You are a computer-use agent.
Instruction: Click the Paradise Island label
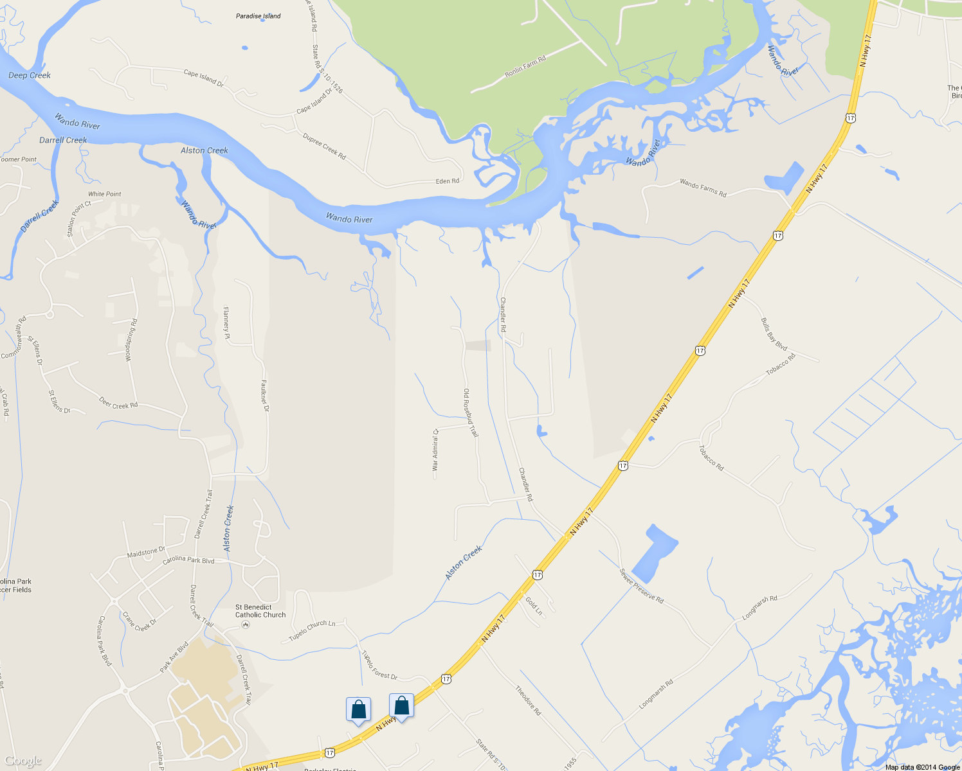258,16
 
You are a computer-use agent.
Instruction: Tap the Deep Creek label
30,75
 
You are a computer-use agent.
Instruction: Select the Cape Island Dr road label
203,78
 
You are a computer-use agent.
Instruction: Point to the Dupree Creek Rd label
324,146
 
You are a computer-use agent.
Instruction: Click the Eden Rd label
448,181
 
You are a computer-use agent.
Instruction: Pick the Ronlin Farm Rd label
525,66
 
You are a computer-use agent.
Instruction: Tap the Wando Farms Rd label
703,188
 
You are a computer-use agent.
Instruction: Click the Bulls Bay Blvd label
774,334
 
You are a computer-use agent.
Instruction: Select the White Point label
105,194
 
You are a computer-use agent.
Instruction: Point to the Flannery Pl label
226,323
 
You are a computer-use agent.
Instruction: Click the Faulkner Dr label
265,395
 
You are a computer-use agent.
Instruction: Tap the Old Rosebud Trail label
471,412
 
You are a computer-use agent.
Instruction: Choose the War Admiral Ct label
435,450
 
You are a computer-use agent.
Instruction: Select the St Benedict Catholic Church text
260,611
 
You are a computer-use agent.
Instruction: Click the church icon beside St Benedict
245,625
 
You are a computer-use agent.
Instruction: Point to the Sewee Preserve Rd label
641,585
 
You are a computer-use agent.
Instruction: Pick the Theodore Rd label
528,700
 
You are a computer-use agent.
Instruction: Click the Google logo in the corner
23,761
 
